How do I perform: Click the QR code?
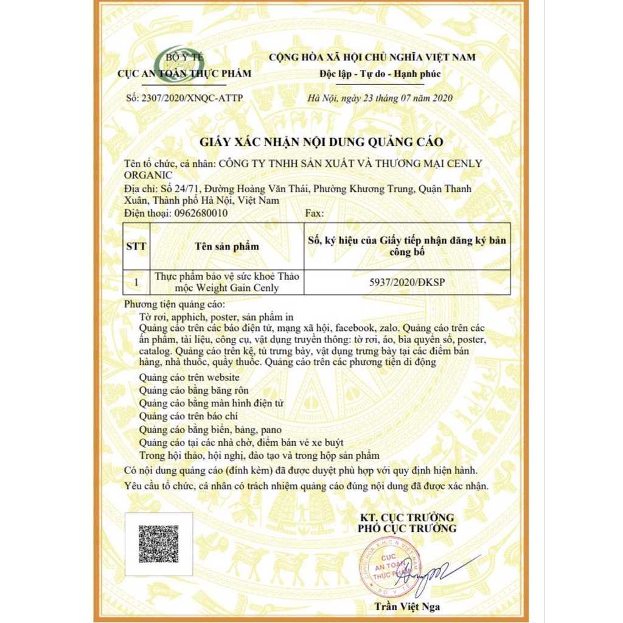point(158,543)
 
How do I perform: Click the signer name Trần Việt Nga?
point(406,606)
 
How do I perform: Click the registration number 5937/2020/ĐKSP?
point(408,282)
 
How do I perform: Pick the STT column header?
point(136,246)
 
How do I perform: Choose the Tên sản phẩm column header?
point(227,246)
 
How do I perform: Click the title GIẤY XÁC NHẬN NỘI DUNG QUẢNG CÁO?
point(322,142)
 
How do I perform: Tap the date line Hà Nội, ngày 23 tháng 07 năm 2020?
point(380,98)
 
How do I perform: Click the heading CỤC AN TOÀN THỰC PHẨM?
point(184,74)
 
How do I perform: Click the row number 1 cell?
point(136,282)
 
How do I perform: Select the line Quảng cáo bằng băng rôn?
point(193,390)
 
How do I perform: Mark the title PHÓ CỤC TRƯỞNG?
point(407,528)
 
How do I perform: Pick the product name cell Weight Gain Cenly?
point(227,282)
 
